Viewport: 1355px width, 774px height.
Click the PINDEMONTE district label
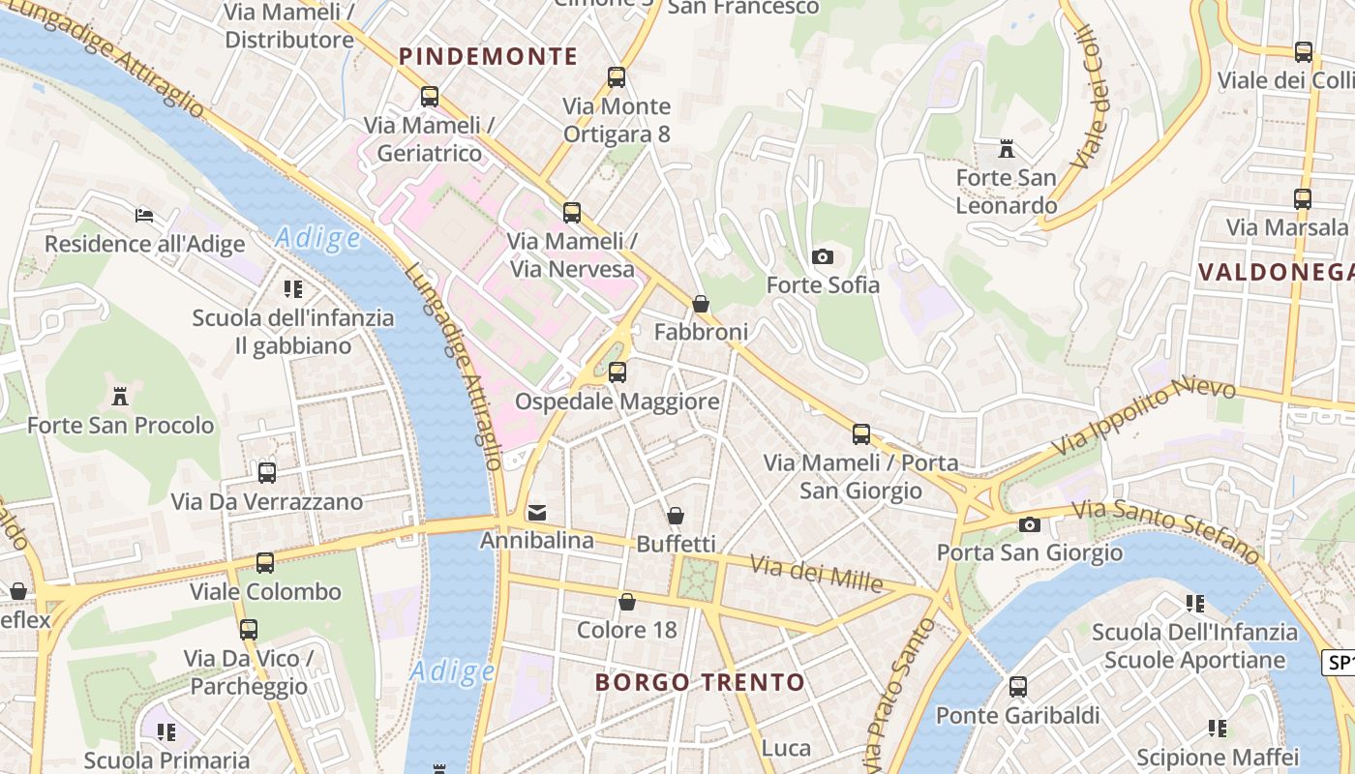(x=488, y=56)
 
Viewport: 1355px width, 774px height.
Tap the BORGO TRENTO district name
(x=700, y=682)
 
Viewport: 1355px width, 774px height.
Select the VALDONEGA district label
(x=1275, y=272)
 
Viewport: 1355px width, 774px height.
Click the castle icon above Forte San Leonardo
(x=1007, y=150)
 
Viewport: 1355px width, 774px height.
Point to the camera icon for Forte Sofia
(x=823, y=256)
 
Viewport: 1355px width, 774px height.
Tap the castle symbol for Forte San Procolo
(x=120, y=396)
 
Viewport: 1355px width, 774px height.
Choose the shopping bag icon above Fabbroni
(x=701, y=304)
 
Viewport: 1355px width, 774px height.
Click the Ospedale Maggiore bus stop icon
(x=617, y=372)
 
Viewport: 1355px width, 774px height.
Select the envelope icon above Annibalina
(x=537, y=512)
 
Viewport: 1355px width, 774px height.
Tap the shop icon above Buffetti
(x=676, y=515)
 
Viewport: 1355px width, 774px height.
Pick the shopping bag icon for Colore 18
(x=627, y=602)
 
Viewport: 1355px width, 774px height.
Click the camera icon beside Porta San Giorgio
(x=1030, y=524)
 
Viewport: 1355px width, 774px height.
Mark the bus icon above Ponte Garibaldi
(x=1018, y=687)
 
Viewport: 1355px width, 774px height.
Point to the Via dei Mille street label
(x=816, y=574)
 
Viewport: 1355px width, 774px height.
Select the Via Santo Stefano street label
(x=1165, y=529)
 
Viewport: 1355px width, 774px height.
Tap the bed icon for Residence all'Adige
(x=144, y=215)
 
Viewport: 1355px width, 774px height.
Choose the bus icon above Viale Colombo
(x=264, y=563)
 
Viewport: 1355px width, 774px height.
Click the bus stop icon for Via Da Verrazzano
(x=266, y=473)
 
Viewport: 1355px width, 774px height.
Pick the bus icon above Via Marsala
(x=1303, y=199)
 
